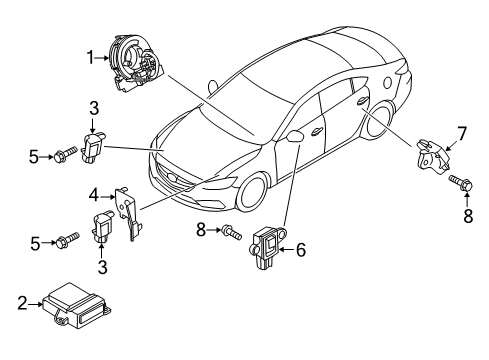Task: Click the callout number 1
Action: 91,57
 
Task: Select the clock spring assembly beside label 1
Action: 136,62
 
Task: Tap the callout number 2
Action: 22,304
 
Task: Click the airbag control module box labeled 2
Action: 76,306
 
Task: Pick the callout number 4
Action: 94,196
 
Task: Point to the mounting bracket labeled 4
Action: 129,213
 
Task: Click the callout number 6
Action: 301,250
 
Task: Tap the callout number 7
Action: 462,134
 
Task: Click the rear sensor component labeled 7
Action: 433,157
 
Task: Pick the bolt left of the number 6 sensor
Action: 231,232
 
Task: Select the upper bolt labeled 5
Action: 65,155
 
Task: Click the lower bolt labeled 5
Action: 68,240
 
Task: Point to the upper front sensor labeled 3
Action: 93,147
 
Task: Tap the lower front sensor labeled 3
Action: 102,226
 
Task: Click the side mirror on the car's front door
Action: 294,136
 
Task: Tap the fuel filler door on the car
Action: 387,83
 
